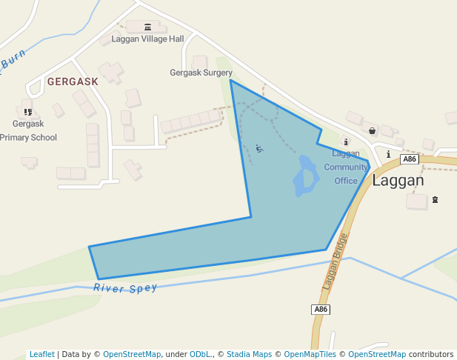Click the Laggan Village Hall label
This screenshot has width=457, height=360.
147,39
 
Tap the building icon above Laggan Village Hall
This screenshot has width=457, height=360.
147,27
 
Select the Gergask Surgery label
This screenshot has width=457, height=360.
201,73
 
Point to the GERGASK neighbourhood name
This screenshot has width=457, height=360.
73,81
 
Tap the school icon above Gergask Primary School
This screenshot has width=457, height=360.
28,112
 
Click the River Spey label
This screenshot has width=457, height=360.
125,288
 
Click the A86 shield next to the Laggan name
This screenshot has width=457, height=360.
410,159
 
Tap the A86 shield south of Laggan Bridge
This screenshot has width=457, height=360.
320,309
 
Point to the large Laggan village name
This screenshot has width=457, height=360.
398,180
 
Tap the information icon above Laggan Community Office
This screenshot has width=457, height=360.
346,141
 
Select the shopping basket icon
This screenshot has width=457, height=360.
372,130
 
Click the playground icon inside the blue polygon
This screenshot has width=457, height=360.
258,148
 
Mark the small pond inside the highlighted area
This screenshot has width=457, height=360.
304,176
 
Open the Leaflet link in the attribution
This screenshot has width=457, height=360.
41,354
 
